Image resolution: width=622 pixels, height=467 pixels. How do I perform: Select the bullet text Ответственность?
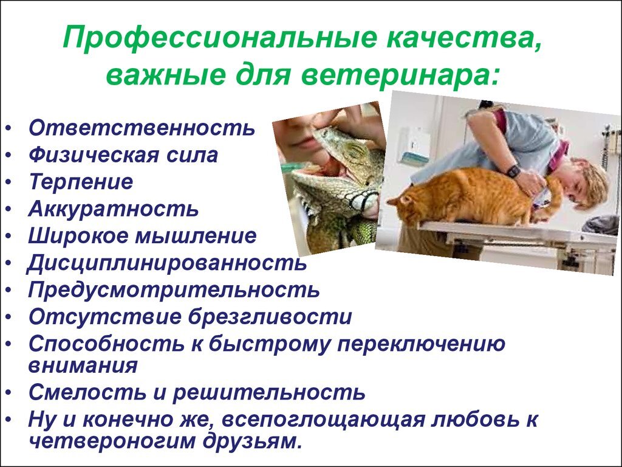(142, 128)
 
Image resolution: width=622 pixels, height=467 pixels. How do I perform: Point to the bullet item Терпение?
(81, 181)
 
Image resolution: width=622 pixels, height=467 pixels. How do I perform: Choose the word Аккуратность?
(114, 209)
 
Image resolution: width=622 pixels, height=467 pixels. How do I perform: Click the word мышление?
(196, 235)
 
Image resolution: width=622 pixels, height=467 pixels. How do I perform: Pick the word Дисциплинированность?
(166, 263)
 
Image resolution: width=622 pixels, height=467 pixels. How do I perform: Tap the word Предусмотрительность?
(174, 290)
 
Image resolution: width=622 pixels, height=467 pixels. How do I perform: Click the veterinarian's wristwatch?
(513, 170)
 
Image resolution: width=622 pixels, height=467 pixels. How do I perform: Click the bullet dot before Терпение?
(9, 182)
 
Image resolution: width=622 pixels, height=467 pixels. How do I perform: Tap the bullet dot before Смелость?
(9, 393)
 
